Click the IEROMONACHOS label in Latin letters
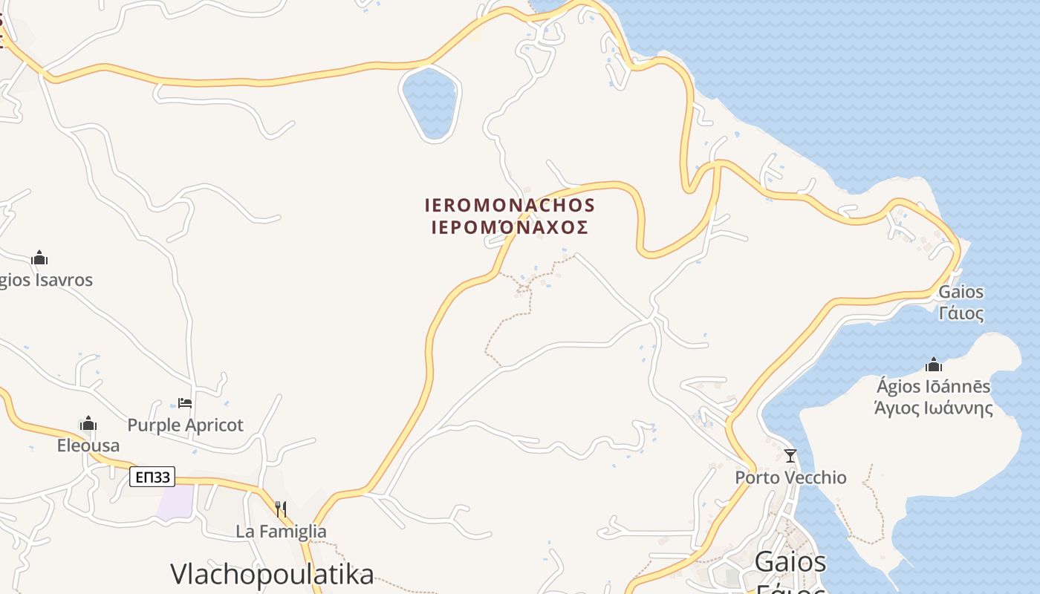point(510,205)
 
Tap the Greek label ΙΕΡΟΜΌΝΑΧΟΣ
point(510,227)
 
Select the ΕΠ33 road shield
point(152,477)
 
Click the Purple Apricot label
point(186,425)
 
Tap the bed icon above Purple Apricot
point(185,403)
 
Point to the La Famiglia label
point(281,532)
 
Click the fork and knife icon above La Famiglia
point(281,509)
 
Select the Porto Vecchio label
point(790,477)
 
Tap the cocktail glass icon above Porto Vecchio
point(790,455)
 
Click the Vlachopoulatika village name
point(272,574)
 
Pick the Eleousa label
point(88,446)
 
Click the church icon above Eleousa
point(88,424)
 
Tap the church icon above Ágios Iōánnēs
point(934,365)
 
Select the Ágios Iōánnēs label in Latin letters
point(934,387)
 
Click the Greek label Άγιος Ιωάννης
point(934,408)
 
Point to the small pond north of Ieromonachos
point(429,102)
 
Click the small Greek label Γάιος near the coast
point(961,313)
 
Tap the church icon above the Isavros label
point(39,258)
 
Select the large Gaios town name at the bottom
point(790,562)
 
